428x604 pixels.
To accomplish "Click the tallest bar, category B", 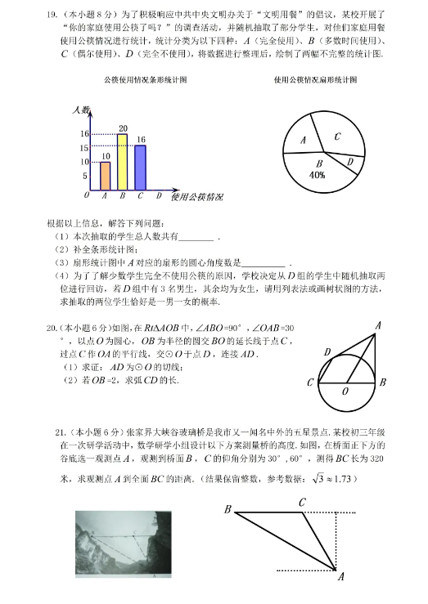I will (x=123, y=162).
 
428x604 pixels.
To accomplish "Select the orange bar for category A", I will (x=105, y=176).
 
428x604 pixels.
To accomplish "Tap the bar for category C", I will (x=140, y=167).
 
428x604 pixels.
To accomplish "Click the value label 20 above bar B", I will (x=123, y=128).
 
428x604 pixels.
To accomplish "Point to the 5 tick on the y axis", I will (x=84, y=176).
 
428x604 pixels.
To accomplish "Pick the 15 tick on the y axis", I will (x=84, y=148).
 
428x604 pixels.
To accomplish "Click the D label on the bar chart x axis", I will (x=158, y=196).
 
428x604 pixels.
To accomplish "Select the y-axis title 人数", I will (x=80, y=110).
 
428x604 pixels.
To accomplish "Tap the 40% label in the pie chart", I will (x=318, y=175).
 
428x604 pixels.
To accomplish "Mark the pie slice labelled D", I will (x=349, y=163).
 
